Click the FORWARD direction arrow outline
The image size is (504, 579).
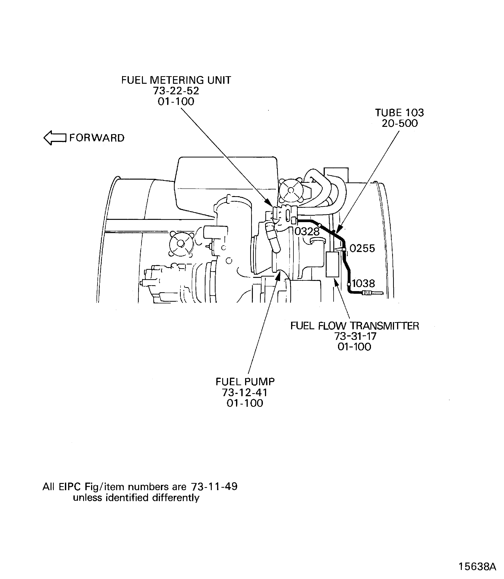[55, 138]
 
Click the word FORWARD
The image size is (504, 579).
[97, 138]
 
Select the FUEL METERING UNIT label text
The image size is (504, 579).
[176, 80]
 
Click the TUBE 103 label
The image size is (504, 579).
[399, 113]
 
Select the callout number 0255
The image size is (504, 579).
[362, 248]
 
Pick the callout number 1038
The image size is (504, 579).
[363, 284]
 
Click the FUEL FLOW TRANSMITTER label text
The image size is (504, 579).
[355, 326]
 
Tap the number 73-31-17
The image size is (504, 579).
[355, 336]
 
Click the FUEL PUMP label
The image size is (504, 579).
[245, 381]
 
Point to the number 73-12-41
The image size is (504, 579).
[245, 392]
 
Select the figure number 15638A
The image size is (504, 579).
[477, 566]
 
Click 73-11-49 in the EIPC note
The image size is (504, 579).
[214, 486]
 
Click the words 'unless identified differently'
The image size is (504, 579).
[136, 498]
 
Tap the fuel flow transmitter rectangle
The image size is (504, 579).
[332, 264]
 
